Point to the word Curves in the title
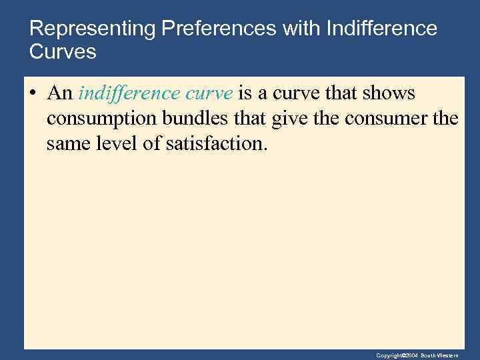(63, 52)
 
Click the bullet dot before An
(33, 94)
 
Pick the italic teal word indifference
(121, 93)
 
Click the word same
(67, 143)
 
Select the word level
(117, 143)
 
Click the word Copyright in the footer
(388, 355)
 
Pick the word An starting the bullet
(59, 94)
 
